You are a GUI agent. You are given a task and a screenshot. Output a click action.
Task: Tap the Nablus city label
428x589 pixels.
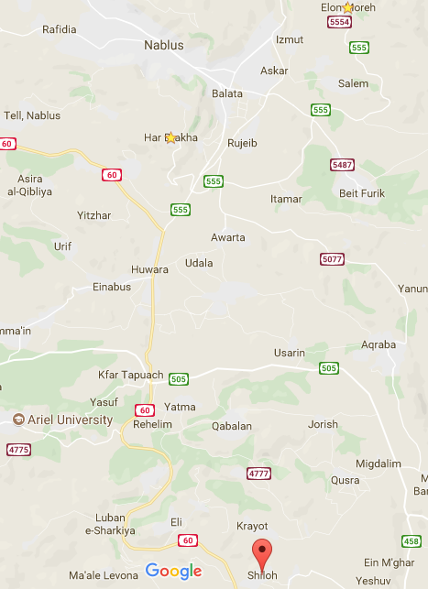[x=164, y=44]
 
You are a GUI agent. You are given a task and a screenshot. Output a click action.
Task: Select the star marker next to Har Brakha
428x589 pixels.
[x=170, y=138]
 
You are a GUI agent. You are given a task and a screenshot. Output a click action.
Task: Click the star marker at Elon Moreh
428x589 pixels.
[x=347, y=8]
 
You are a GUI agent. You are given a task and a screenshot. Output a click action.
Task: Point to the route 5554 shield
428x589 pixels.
[x=339, y=22]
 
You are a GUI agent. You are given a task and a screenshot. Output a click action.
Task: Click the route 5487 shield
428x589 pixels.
[x=342, y=164]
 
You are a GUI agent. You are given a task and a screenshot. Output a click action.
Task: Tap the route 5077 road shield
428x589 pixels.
[x=332, y=259]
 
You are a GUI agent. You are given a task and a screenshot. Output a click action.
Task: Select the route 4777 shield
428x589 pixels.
[x=259, y=474]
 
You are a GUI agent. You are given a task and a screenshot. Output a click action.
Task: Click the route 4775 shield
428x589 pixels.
[x=17, y=450]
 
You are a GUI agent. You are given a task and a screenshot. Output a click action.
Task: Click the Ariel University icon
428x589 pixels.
[x=18, y=420]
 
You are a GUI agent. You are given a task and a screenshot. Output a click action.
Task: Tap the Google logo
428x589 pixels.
[x=173, y=572]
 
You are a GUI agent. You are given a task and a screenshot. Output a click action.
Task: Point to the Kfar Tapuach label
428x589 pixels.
[x=129, y=376]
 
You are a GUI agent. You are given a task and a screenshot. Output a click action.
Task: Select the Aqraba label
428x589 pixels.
[x=379, y=345]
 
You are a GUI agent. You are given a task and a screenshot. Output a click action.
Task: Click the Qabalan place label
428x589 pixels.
[x=231, y=426]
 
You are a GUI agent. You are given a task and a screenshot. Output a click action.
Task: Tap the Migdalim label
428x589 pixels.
[x=378, y=464]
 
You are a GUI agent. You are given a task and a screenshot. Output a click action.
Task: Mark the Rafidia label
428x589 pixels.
[x=60, y=29]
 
